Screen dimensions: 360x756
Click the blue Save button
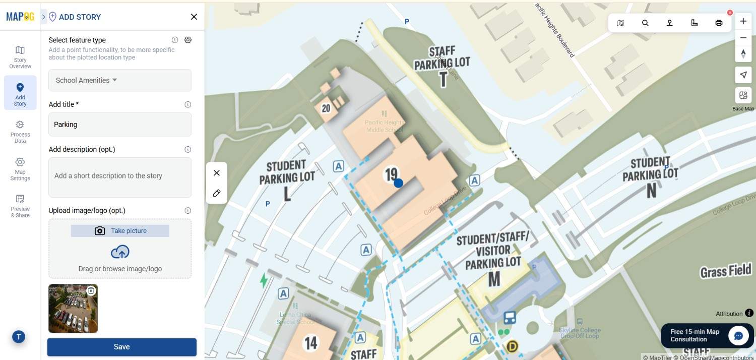coord(121,347)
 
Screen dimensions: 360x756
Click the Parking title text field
coord(120,125)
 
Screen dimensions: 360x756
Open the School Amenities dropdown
coord(120,80)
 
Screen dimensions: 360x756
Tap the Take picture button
coord(120,231)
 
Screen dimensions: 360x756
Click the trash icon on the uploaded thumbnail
coord(91,290)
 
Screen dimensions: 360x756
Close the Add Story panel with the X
coord(194,17)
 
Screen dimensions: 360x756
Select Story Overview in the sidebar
coord(20,56)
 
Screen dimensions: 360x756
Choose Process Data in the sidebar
coord(20,131)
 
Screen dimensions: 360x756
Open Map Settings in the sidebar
coord(20,168)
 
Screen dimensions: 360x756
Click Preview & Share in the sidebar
coord(20,206)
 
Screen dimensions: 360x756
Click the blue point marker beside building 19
coord(398,183)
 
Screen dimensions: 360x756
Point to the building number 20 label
coord(326,108)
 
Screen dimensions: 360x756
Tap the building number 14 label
coord(311,343)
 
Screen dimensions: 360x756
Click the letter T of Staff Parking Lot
coord(443,79)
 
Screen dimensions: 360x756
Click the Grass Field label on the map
coord(725,271)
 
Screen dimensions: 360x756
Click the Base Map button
coord(743,96)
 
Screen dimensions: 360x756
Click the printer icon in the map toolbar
coord(719,23)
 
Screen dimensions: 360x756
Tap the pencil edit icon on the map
coord(217,193)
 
